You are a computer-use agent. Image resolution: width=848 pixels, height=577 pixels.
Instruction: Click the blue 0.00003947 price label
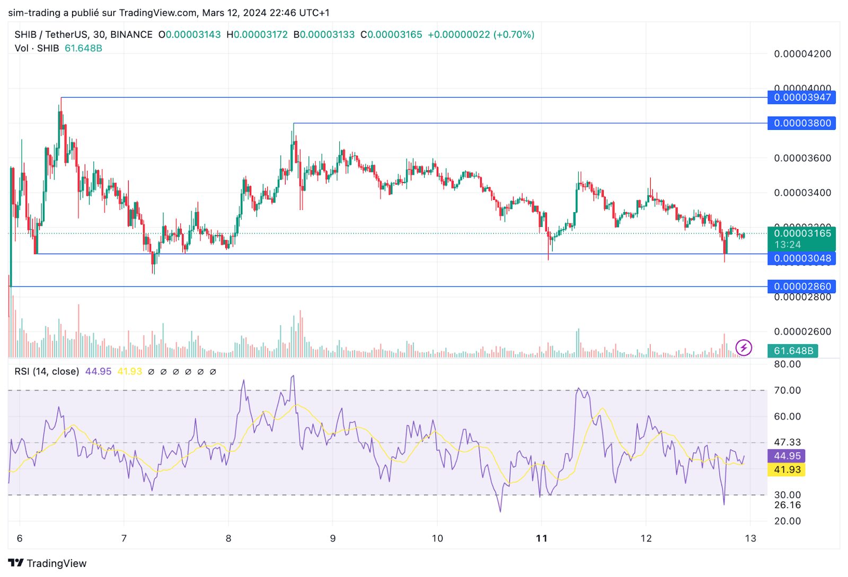801,98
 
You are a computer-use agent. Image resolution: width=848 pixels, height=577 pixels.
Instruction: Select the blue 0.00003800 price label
801,124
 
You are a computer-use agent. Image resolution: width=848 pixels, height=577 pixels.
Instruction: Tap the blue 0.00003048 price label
801,258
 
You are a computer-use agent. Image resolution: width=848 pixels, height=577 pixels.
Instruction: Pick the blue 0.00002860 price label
801,286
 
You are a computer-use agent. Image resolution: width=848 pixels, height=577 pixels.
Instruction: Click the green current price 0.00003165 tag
801,234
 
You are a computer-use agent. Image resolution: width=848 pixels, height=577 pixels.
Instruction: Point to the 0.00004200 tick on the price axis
802,54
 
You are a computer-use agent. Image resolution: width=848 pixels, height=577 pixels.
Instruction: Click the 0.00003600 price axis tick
802,158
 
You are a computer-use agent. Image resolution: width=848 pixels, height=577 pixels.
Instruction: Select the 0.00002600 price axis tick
802,331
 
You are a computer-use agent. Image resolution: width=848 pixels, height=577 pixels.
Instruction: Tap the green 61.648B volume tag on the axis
793,351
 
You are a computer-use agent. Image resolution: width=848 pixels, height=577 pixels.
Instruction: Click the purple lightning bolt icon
744,348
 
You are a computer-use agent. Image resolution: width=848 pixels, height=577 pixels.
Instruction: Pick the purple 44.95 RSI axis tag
787,456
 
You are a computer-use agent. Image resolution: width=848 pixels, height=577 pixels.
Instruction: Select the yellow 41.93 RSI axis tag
787,470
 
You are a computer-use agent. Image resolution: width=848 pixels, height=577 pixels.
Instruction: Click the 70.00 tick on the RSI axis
788,390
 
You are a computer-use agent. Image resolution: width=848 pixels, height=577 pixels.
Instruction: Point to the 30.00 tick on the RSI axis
788,495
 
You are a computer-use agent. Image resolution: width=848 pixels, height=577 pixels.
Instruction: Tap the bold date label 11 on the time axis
541,538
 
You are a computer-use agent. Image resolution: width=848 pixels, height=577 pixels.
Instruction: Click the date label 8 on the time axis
228,538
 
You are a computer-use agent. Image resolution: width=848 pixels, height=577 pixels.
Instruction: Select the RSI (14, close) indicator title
47,372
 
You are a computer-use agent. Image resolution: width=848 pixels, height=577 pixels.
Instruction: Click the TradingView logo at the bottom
47,563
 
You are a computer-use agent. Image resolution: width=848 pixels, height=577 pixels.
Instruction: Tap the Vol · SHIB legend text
37,48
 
